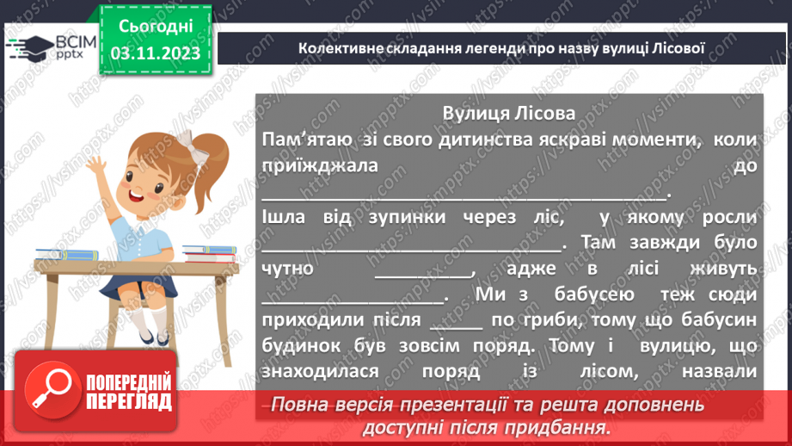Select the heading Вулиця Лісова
(x=509, y=115)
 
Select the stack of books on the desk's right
(x=209, y=253)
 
